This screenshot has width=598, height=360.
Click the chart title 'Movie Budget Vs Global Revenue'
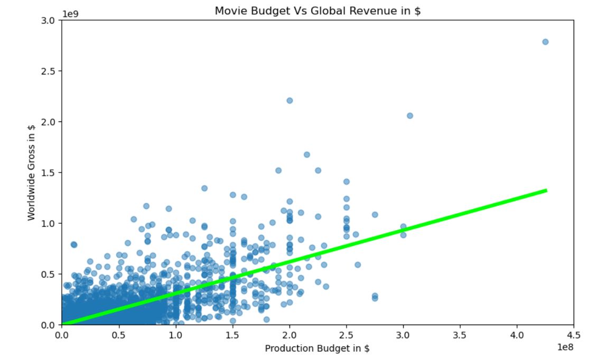click(317, 11)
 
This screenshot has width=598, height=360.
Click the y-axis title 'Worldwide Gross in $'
click(31, 172)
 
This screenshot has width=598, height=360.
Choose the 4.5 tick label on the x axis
click(573, 335)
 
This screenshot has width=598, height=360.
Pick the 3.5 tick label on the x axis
click(460, 335)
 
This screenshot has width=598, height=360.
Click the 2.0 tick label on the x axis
click(289, 335)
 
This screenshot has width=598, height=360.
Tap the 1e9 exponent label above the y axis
click(70, 13)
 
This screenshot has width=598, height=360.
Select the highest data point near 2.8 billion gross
click(545, 42)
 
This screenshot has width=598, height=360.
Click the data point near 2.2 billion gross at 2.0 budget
click(289, 100)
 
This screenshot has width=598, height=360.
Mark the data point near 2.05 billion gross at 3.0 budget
click(410, 116)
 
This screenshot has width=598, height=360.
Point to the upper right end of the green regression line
click(545, 191)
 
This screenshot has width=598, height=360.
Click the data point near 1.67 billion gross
click(306, 155)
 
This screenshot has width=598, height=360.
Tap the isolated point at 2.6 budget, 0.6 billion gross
click(358, 264)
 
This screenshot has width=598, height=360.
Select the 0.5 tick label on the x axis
click(118, 335)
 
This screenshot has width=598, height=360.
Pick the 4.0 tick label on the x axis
click(517, 335)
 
